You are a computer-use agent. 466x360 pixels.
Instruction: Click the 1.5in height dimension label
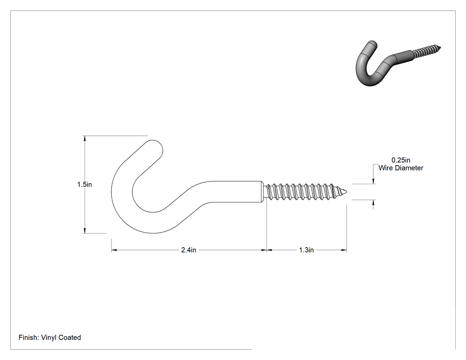(x=85, y=185)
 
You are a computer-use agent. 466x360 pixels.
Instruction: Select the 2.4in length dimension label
(x=189, y=250)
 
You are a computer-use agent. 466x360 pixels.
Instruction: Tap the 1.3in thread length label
(x=306, y=250)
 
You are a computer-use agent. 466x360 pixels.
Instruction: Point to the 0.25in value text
(x=401, y=160)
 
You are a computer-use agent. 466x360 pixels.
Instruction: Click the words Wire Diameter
(x=401, y=168)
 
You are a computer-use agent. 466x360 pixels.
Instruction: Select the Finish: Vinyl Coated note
(x=50, y=337)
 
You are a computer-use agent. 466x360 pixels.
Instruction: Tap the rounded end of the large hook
(x=155, y=145)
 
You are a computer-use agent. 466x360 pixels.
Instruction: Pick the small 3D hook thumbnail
(x=398, y=63)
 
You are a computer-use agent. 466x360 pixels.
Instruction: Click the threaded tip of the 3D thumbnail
(x=439, y=48)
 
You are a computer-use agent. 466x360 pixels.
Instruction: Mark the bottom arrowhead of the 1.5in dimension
(x=85, y=231)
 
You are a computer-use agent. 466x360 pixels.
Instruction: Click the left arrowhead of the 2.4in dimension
(x=114, y=250)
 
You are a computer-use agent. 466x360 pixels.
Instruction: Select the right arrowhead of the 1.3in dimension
(x=344, y=250)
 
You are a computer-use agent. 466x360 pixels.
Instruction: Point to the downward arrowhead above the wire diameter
(x=374, y=181)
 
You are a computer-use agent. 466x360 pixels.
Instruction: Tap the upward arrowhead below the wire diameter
(x=374, y=202)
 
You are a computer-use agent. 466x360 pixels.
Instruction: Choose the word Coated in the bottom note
(x=70, y=337)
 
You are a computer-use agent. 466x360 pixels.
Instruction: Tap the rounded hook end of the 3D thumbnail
(x=372, y=45)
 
